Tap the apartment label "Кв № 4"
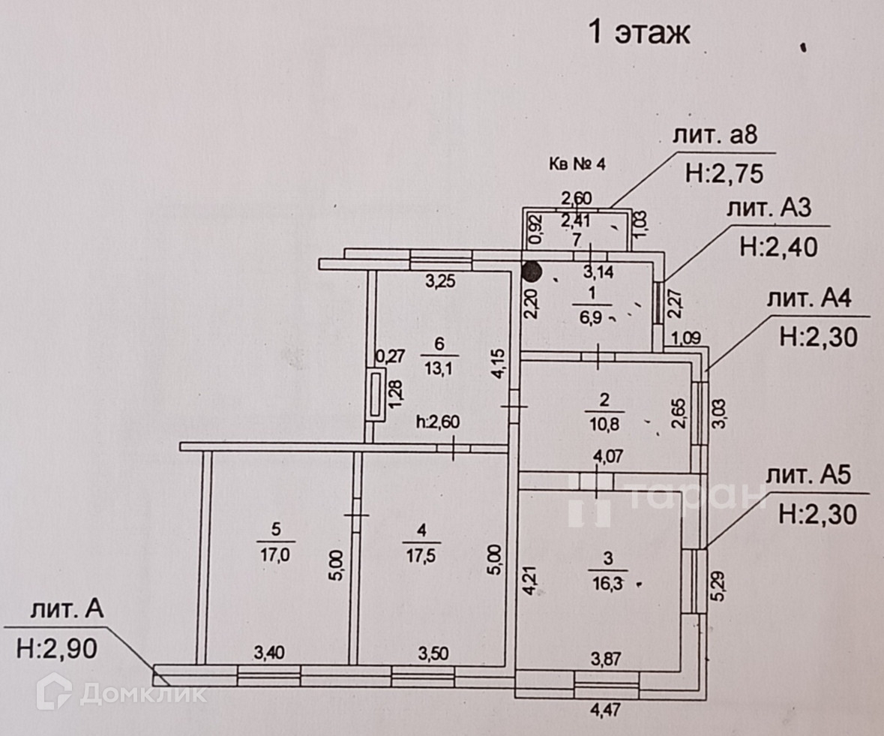[577, 165]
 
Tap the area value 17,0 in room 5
[276, 554]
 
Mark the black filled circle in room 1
[532, 272]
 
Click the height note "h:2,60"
[437, 422]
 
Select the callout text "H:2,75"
[724, 174]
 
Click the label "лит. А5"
[812, 476]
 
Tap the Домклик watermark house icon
[53, 692]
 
